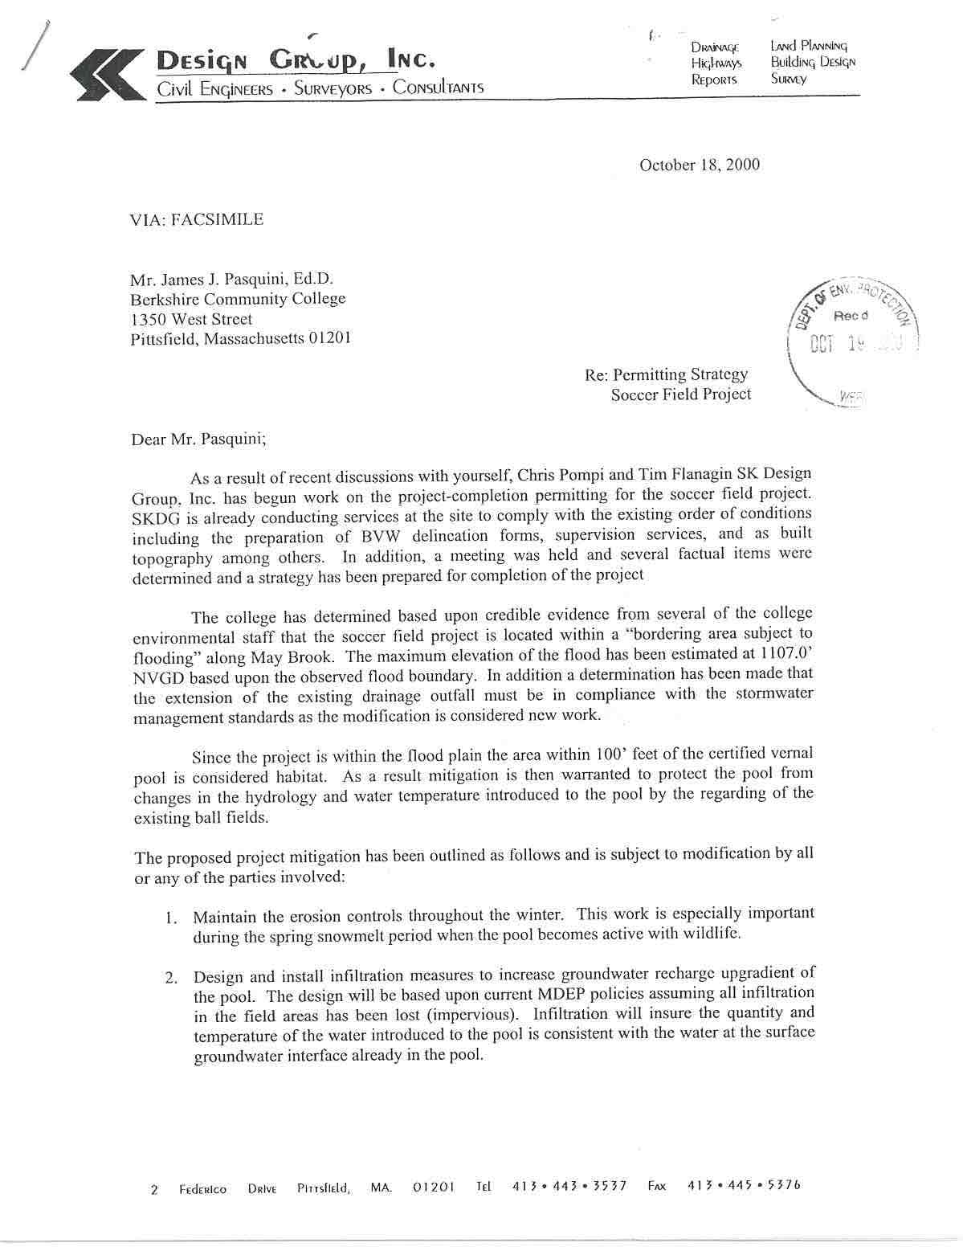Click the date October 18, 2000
pos(699,166)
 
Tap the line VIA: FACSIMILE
pos(196,219)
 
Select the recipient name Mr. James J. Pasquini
pos(231,280)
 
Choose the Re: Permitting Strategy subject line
pos(667,374)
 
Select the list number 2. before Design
pos(171,978)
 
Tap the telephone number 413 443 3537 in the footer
pos(569,1186)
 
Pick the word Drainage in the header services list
pos(714,47)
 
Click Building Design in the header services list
pos(813,62)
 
